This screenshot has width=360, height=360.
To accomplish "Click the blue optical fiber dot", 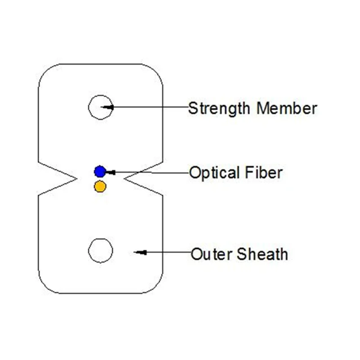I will [100, 171].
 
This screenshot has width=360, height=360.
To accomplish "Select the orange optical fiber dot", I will [100, 186].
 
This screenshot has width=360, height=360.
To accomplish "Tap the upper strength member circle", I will [100, 107].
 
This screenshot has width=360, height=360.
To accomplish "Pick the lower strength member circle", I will [100, 251].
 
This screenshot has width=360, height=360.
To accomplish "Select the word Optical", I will [214, 173].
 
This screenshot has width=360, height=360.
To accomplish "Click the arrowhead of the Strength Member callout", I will [108, 107].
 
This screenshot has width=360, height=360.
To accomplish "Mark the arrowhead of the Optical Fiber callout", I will [110, 171].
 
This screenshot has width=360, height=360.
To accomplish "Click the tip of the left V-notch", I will [74, 180].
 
